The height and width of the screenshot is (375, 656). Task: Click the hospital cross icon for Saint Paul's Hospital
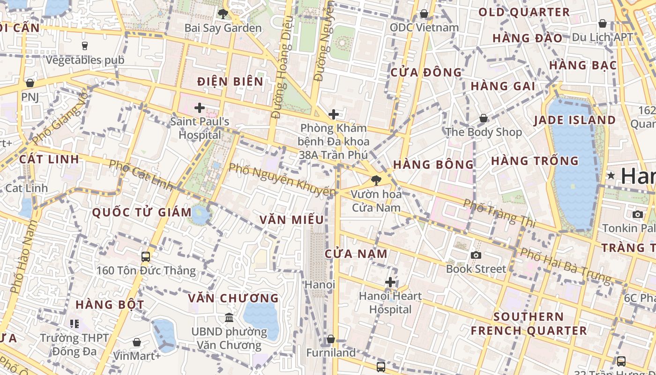click(x=200, y=108)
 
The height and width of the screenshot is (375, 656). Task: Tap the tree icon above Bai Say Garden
click(x=223, y=14)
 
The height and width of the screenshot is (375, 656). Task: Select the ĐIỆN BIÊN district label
click(x=230, y=82)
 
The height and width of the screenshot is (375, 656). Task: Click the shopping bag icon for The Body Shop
click(x=483, y=118)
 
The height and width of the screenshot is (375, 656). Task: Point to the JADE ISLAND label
click(x=575, y=120)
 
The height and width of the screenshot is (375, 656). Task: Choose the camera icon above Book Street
click(x=476, y=255)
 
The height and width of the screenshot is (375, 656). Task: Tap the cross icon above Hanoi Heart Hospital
click(x=390, y=282)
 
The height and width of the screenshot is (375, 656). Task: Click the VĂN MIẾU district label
click(x=291, y=220)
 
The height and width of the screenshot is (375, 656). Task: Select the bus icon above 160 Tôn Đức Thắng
click(x=146, y=256)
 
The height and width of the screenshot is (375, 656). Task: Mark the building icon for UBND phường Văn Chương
click(x=229, y=318)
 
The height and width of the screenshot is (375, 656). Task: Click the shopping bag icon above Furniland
click(x=331, y=339)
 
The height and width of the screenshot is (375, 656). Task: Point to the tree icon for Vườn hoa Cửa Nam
click(x=375, y=180)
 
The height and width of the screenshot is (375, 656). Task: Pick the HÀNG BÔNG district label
click(x=433, y=165)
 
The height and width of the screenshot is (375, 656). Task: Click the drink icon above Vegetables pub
click(x=85, y=45)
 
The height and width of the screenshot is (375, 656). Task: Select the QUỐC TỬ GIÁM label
click(x=142, y=212)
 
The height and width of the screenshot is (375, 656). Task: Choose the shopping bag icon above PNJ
click(x=30, y=83)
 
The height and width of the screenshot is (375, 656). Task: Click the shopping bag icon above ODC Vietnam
click(x=424, y=14)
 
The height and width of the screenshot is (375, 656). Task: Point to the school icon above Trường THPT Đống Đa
click(x=75, y=323)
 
